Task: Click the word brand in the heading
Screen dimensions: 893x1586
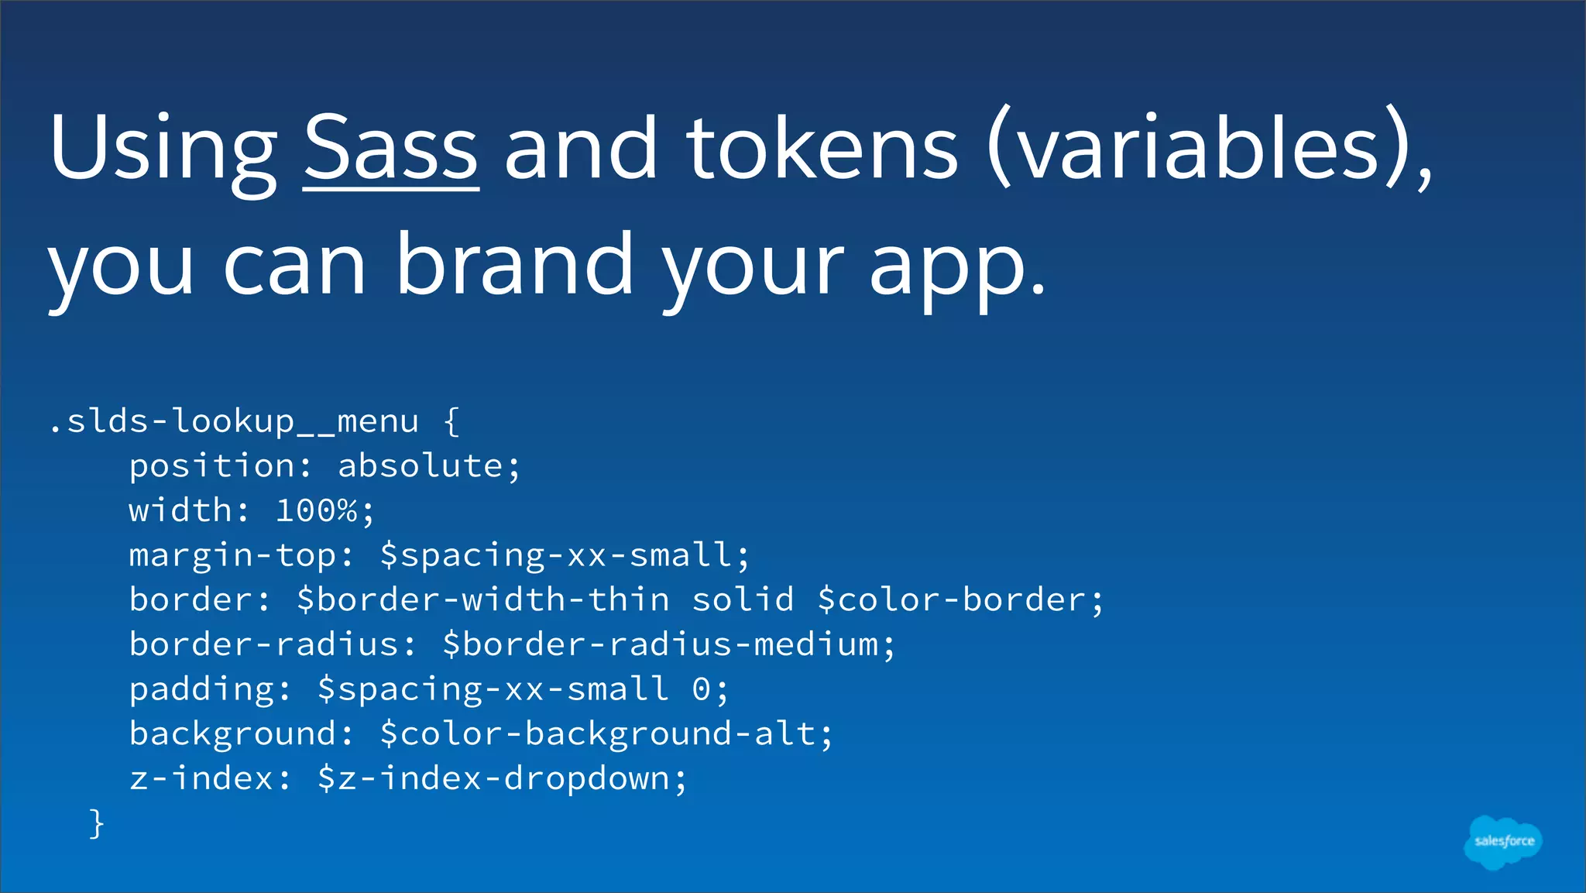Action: click(515, 265)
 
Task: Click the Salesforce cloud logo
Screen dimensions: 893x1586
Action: click(1503, 842)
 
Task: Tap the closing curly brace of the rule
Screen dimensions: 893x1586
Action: click(96, 823)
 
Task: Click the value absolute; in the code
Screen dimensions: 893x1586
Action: click(429, 466)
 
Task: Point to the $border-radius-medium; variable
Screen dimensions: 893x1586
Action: click(668, 644)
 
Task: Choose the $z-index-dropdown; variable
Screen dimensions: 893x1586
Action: click(502, 778)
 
